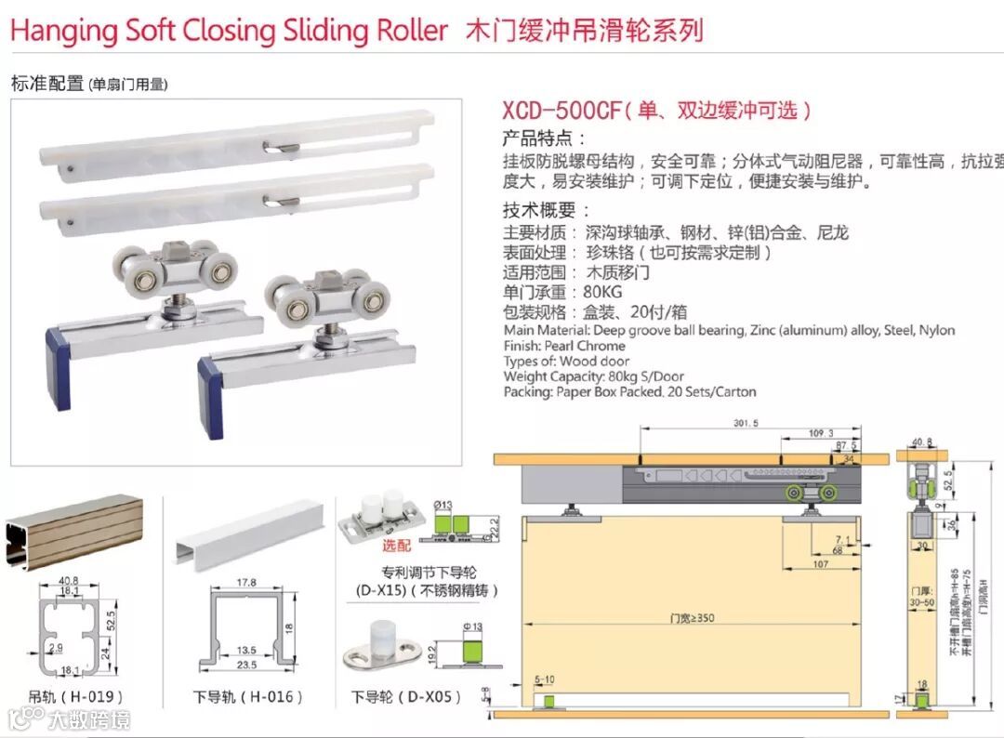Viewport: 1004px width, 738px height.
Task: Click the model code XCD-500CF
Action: [561, 111]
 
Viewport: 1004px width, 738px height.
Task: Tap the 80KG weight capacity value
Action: [604, 293]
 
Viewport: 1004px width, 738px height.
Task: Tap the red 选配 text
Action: [397, 547]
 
